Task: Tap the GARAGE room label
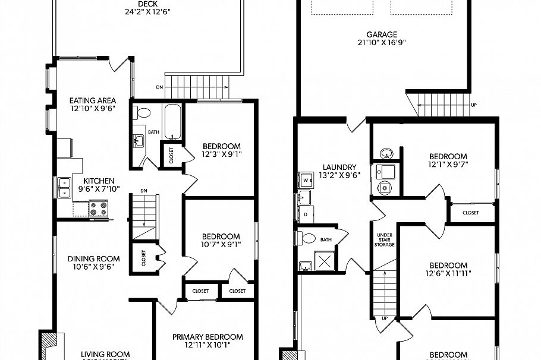point(382,34)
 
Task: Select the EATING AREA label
point(92,100)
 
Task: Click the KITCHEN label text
point(99,181)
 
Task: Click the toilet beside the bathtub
point(141,112)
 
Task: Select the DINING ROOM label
point(93,258)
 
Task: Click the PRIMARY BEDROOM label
point(207,337)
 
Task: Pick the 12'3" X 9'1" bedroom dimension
point(221,154)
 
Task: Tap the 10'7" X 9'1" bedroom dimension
point(221,244)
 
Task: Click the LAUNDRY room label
point(339,167)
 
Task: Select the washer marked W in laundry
point(306,179)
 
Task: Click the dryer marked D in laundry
point(306,213)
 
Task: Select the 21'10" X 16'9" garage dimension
point(382,43)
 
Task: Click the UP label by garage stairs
point(473,105)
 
